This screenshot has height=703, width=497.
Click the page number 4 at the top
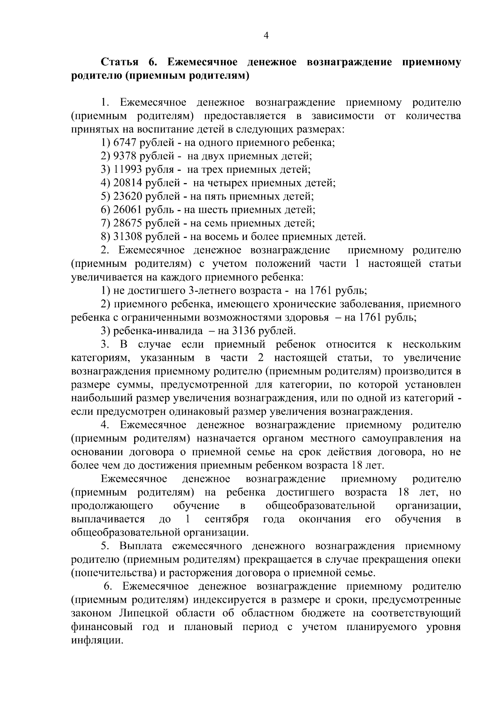pyautogui.click(x=266, y=36)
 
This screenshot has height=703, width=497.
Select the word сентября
pyautogui.click(x=227, y=519)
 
